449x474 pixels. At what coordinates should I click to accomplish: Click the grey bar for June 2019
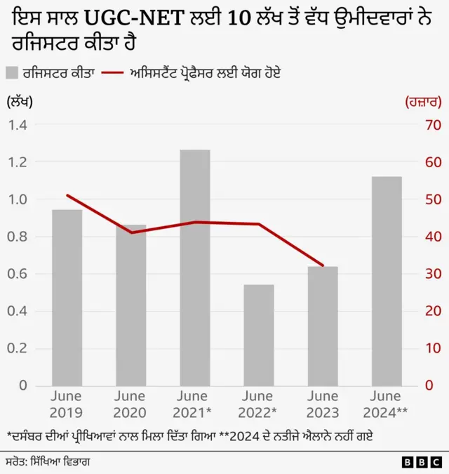pos(67,297)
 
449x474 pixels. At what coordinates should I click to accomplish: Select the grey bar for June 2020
pos(130,305)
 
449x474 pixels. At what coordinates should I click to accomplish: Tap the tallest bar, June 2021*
pos(194,268)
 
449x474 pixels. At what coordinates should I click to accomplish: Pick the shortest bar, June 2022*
pos(258,335)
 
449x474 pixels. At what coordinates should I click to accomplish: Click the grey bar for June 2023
pos(323,326)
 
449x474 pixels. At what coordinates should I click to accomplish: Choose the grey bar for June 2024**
pos(387,281)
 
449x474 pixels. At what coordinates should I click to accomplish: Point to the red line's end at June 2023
pos(323,265)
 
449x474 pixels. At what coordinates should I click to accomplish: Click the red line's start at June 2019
pos(67,195)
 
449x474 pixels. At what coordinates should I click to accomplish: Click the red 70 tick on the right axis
pos(433,125)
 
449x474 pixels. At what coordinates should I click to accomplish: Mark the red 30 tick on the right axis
pos(433,274)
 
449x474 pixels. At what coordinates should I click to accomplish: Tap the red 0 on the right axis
pos(429,386)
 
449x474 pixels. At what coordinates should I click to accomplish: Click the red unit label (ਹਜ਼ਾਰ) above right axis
pos(423,102)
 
